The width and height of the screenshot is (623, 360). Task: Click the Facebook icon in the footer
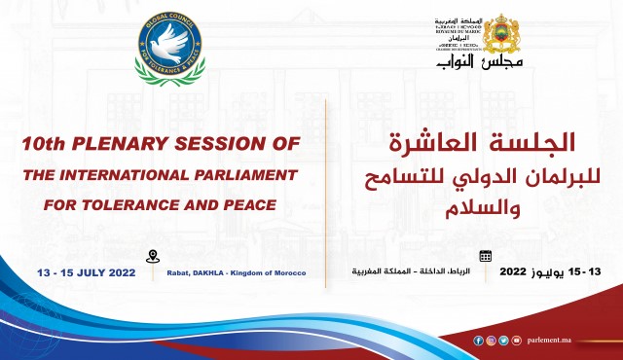pos(478,341)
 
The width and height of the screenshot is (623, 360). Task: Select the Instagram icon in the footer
pos(491,341)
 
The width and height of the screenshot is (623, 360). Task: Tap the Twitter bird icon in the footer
pos(503,341)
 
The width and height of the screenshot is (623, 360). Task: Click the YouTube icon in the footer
pos(516,341)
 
